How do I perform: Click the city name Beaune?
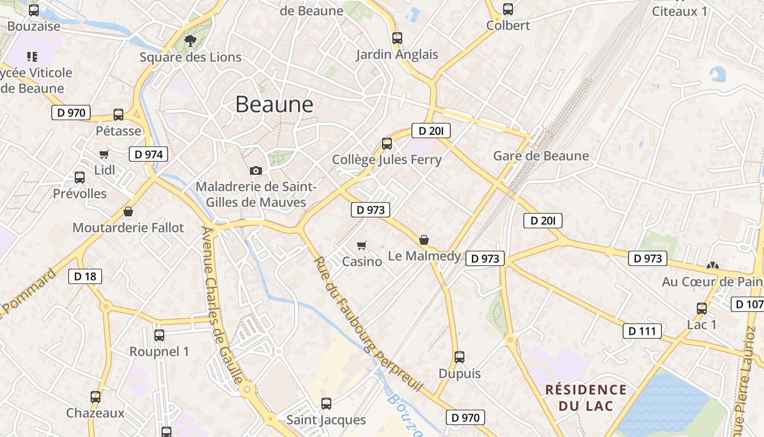coord(274,104)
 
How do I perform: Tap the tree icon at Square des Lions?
coord(190,40)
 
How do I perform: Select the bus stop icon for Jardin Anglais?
coord(397,38)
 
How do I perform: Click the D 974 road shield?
coord(148,155)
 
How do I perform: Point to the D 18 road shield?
coord(85,276)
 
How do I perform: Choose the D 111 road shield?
coord(642,331)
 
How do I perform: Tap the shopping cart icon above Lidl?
coord(104,155)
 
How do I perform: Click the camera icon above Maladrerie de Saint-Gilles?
coord(256,170)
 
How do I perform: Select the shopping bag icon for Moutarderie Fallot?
coord(128,211)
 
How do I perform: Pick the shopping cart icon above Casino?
coord(361,245)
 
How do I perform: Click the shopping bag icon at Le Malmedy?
coord(424,240)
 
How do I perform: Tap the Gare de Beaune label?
coord(541,156)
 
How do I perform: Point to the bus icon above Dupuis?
coord(459,357)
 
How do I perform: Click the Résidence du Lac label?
coord(586,398)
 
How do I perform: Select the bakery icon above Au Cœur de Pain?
coord(712,265)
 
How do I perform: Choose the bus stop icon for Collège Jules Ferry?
coord(387,144)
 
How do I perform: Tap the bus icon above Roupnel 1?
coord(159,335)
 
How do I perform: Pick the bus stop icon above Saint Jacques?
coord(326,404)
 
